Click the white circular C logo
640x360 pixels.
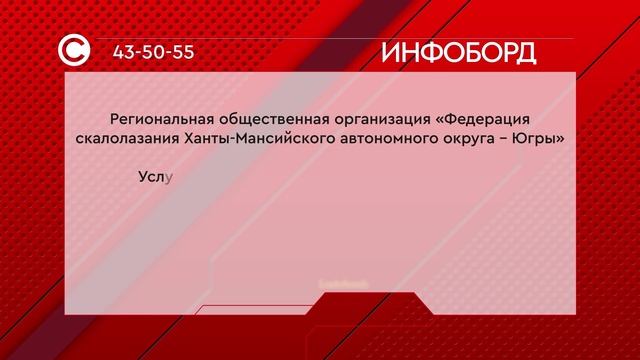(x=78, y=51)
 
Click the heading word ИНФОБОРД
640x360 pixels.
(x=458, y=52)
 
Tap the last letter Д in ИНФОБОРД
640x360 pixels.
(x=523, y=53)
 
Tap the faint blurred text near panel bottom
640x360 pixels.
(x=344, y=284)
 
